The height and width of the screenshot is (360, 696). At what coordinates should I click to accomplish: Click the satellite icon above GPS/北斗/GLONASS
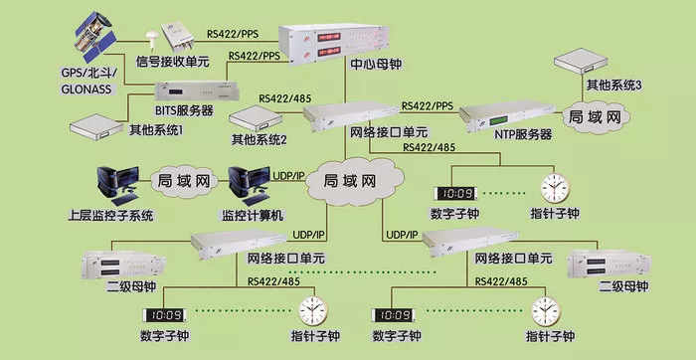tap(95, 37)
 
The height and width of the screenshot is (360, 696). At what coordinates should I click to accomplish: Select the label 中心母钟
tap(376, 64)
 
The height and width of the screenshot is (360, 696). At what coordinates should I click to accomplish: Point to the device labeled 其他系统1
tap(96, 126)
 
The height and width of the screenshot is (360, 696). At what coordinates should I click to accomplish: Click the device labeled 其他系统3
tap(581, 60)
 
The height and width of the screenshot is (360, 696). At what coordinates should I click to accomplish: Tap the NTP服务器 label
tap(523, 133)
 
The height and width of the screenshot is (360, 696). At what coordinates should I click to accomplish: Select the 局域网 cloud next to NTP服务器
tap(595, 117)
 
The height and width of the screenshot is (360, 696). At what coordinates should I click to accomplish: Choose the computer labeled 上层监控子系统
tap(117, 182)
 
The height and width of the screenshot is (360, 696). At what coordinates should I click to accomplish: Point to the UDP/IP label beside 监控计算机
tap(290, 175)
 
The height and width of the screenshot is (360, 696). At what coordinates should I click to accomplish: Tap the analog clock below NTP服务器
tap(555, 188)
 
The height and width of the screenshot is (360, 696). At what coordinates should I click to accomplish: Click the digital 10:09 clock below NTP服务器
tap(455, 194)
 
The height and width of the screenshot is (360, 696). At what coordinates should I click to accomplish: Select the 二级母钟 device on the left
tap(123, 265)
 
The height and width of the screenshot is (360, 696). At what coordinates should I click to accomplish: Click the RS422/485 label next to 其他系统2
tap(285, 97)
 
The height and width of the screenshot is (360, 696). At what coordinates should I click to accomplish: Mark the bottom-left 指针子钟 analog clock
tap(313, 310)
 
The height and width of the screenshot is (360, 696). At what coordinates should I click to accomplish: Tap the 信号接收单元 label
tap(172, 62)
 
